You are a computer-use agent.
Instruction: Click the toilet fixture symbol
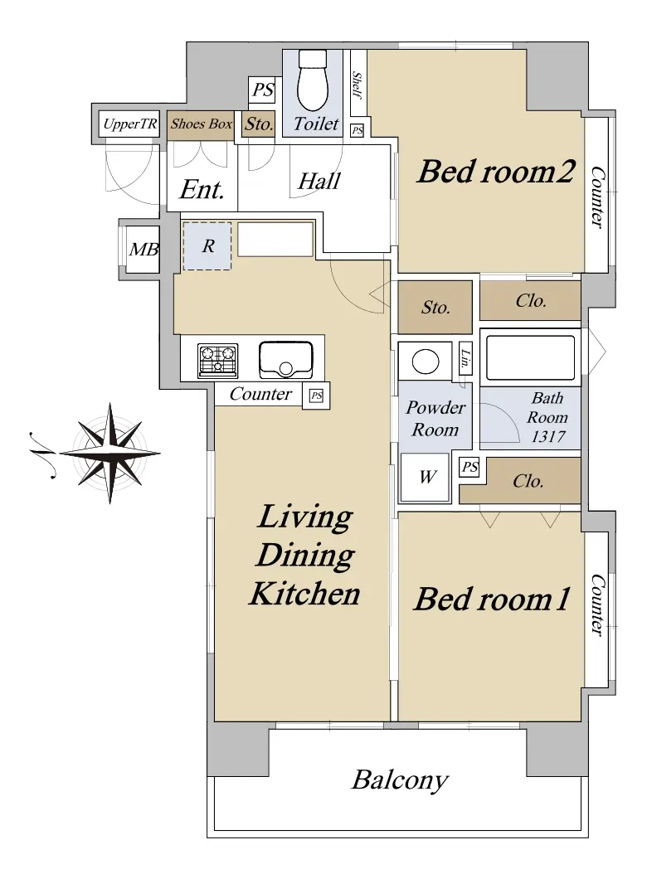coord(313,80)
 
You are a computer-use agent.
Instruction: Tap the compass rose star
coord(109,453)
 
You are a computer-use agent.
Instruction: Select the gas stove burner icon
coord(218,360)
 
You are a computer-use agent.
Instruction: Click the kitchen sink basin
coord(285,360)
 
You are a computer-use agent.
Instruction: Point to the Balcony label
coord(399,780)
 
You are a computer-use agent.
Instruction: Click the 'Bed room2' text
coord(495,171)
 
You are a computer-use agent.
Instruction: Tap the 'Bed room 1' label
coord(491,600)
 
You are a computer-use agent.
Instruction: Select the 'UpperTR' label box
coord(130,124)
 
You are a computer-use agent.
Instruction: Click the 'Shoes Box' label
coord(202,124)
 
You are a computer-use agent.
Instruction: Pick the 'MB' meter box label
coord(144,249)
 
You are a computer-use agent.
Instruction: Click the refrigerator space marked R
coord(207,245)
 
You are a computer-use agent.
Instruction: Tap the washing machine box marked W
coord(426,477)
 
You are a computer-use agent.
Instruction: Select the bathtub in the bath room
coord(530,357)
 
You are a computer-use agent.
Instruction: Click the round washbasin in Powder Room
coord(425,362)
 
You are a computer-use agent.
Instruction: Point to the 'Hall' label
coord(319,181)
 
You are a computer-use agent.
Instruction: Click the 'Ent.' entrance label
coord(202,190)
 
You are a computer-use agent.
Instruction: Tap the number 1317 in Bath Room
coord(547,436)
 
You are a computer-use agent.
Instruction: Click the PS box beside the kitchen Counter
coord(316,396)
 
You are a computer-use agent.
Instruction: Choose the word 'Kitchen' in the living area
coord(305,594)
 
